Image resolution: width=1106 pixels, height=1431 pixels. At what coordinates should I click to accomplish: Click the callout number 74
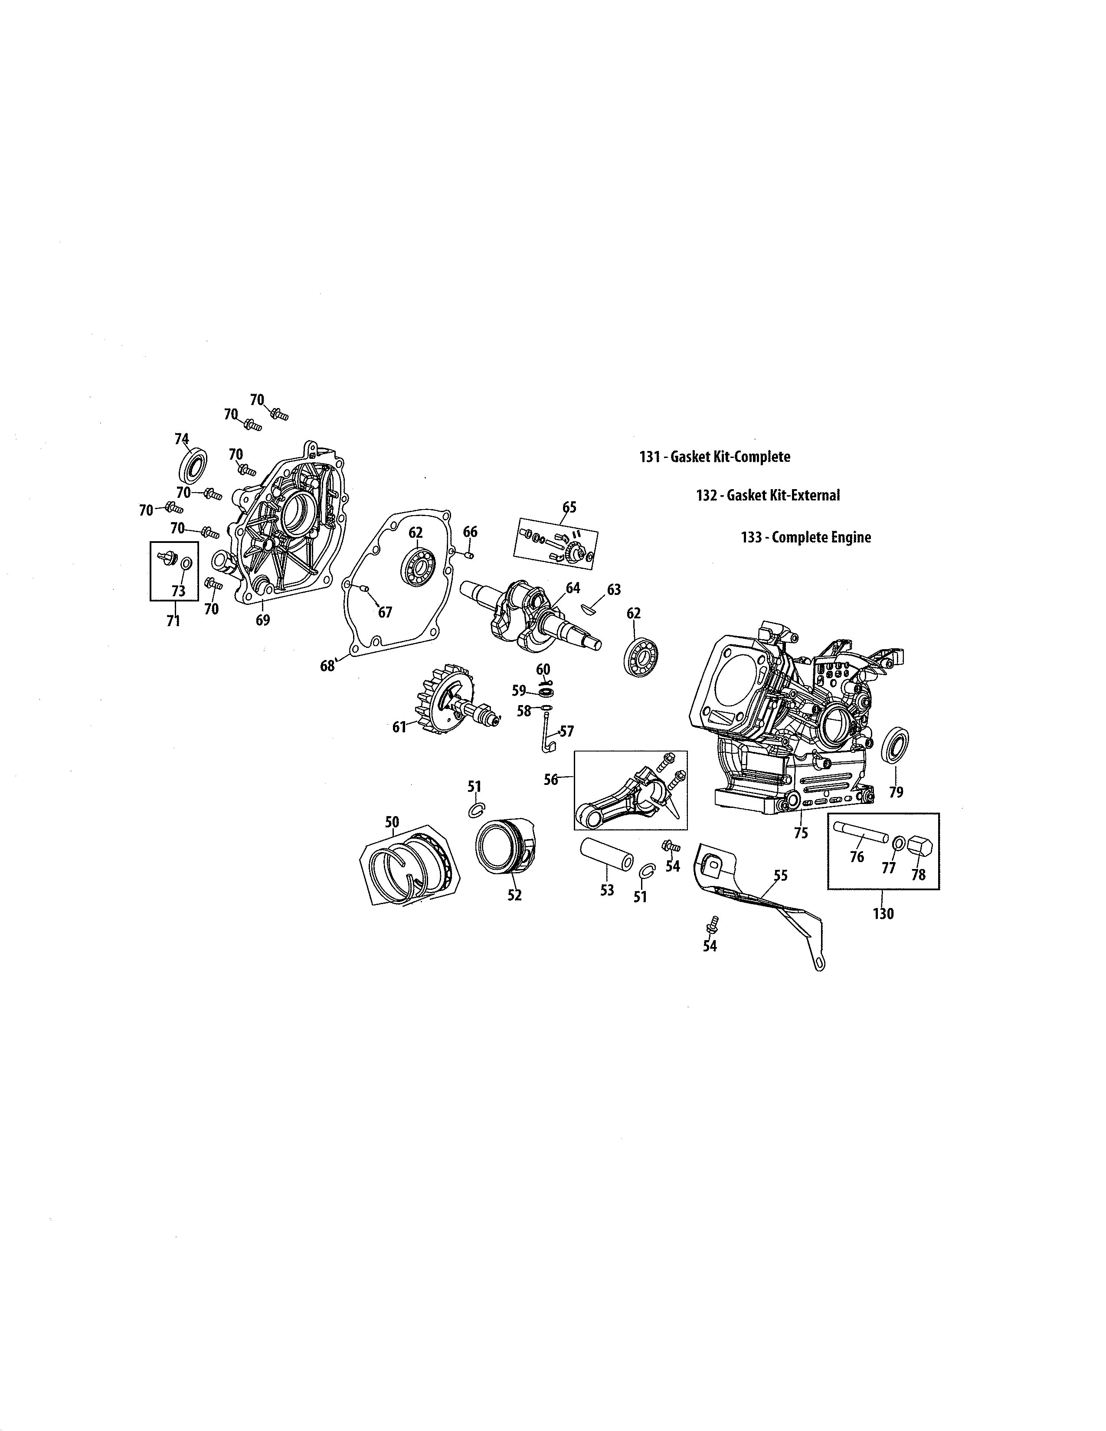pyautogui.click(x=181, y=439)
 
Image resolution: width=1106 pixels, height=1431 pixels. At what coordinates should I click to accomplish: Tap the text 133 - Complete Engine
pyautogui.click(x=805, y=537)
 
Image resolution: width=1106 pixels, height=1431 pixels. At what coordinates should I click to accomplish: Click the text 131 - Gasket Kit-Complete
pyautogui.click(x=714, y=457)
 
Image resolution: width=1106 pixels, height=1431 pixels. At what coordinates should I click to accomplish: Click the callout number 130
pyautogui.click(x=883, y=913)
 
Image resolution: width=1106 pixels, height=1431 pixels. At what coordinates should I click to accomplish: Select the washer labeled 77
pyautogui.click(x=899, y=843)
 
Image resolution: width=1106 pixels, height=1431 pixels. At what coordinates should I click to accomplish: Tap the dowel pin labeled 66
pyautogui.click(x=470, y=555)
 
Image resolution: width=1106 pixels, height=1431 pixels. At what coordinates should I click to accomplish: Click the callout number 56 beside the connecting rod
pyautogui.click(x=551, y=779)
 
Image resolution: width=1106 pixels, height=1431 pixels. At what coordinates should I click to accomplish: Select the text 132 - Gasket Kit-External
pyautogui.click(x=767, y=495)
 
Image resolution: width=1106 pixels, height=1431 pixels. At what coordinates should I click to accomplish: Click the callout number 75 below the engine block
pyautogui.click(x=801, y=833)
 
